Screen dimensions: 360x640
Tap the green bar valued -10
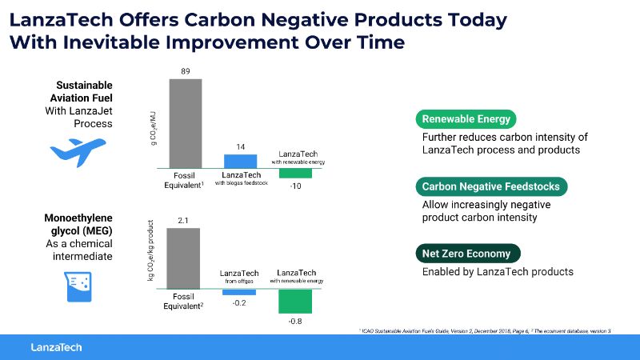pos(295,173)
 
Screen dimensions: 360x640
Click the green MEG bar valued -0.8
pos(295,300)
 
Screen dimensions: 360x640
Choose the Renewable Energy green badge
pos(466,119)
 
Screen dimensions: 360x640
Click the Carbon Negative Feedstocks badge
pos(492,187)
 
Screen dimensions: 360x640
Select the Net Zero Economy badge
pos(467,254)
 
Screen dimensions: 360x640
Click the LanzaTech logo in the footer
pos(56,346)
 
